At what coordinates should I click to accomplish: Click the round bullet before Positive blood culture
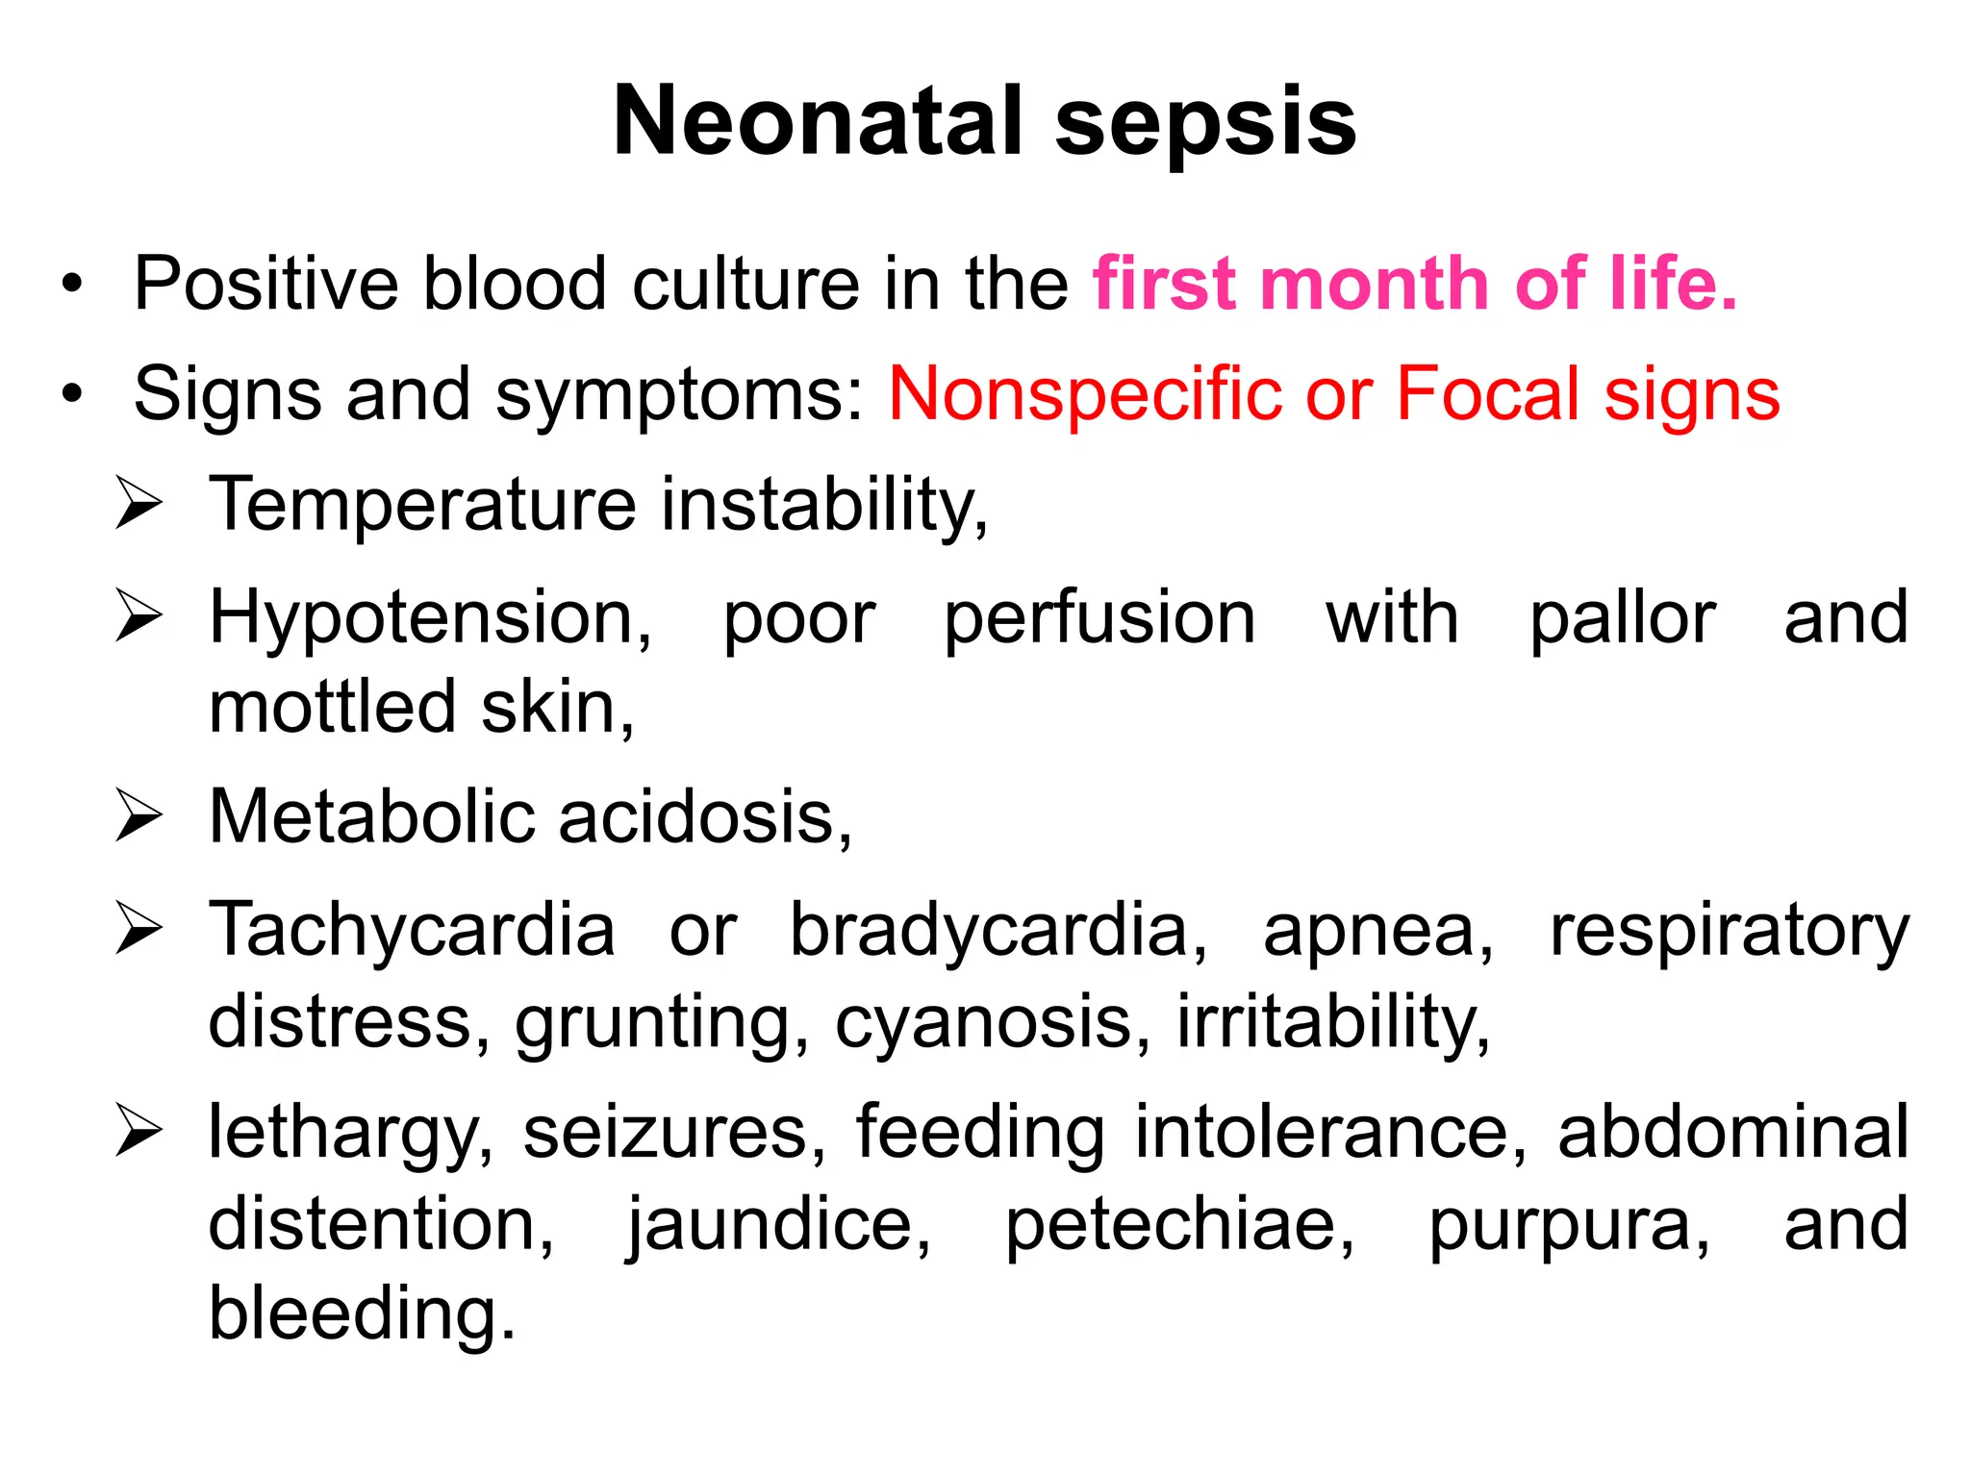[x=72, y=286]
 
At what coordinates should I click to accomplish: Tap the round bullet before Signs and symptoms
[x=72, y=395]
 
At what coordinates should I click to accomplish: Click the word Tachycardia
[x=412, y=930]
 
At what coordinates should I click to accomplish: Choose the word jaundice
[x=779, y=1225]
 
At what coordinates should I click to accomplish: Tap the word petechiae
[x=1179, y=1225]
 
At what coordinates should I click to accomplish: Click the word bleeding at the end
[x=362, y=1314]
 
